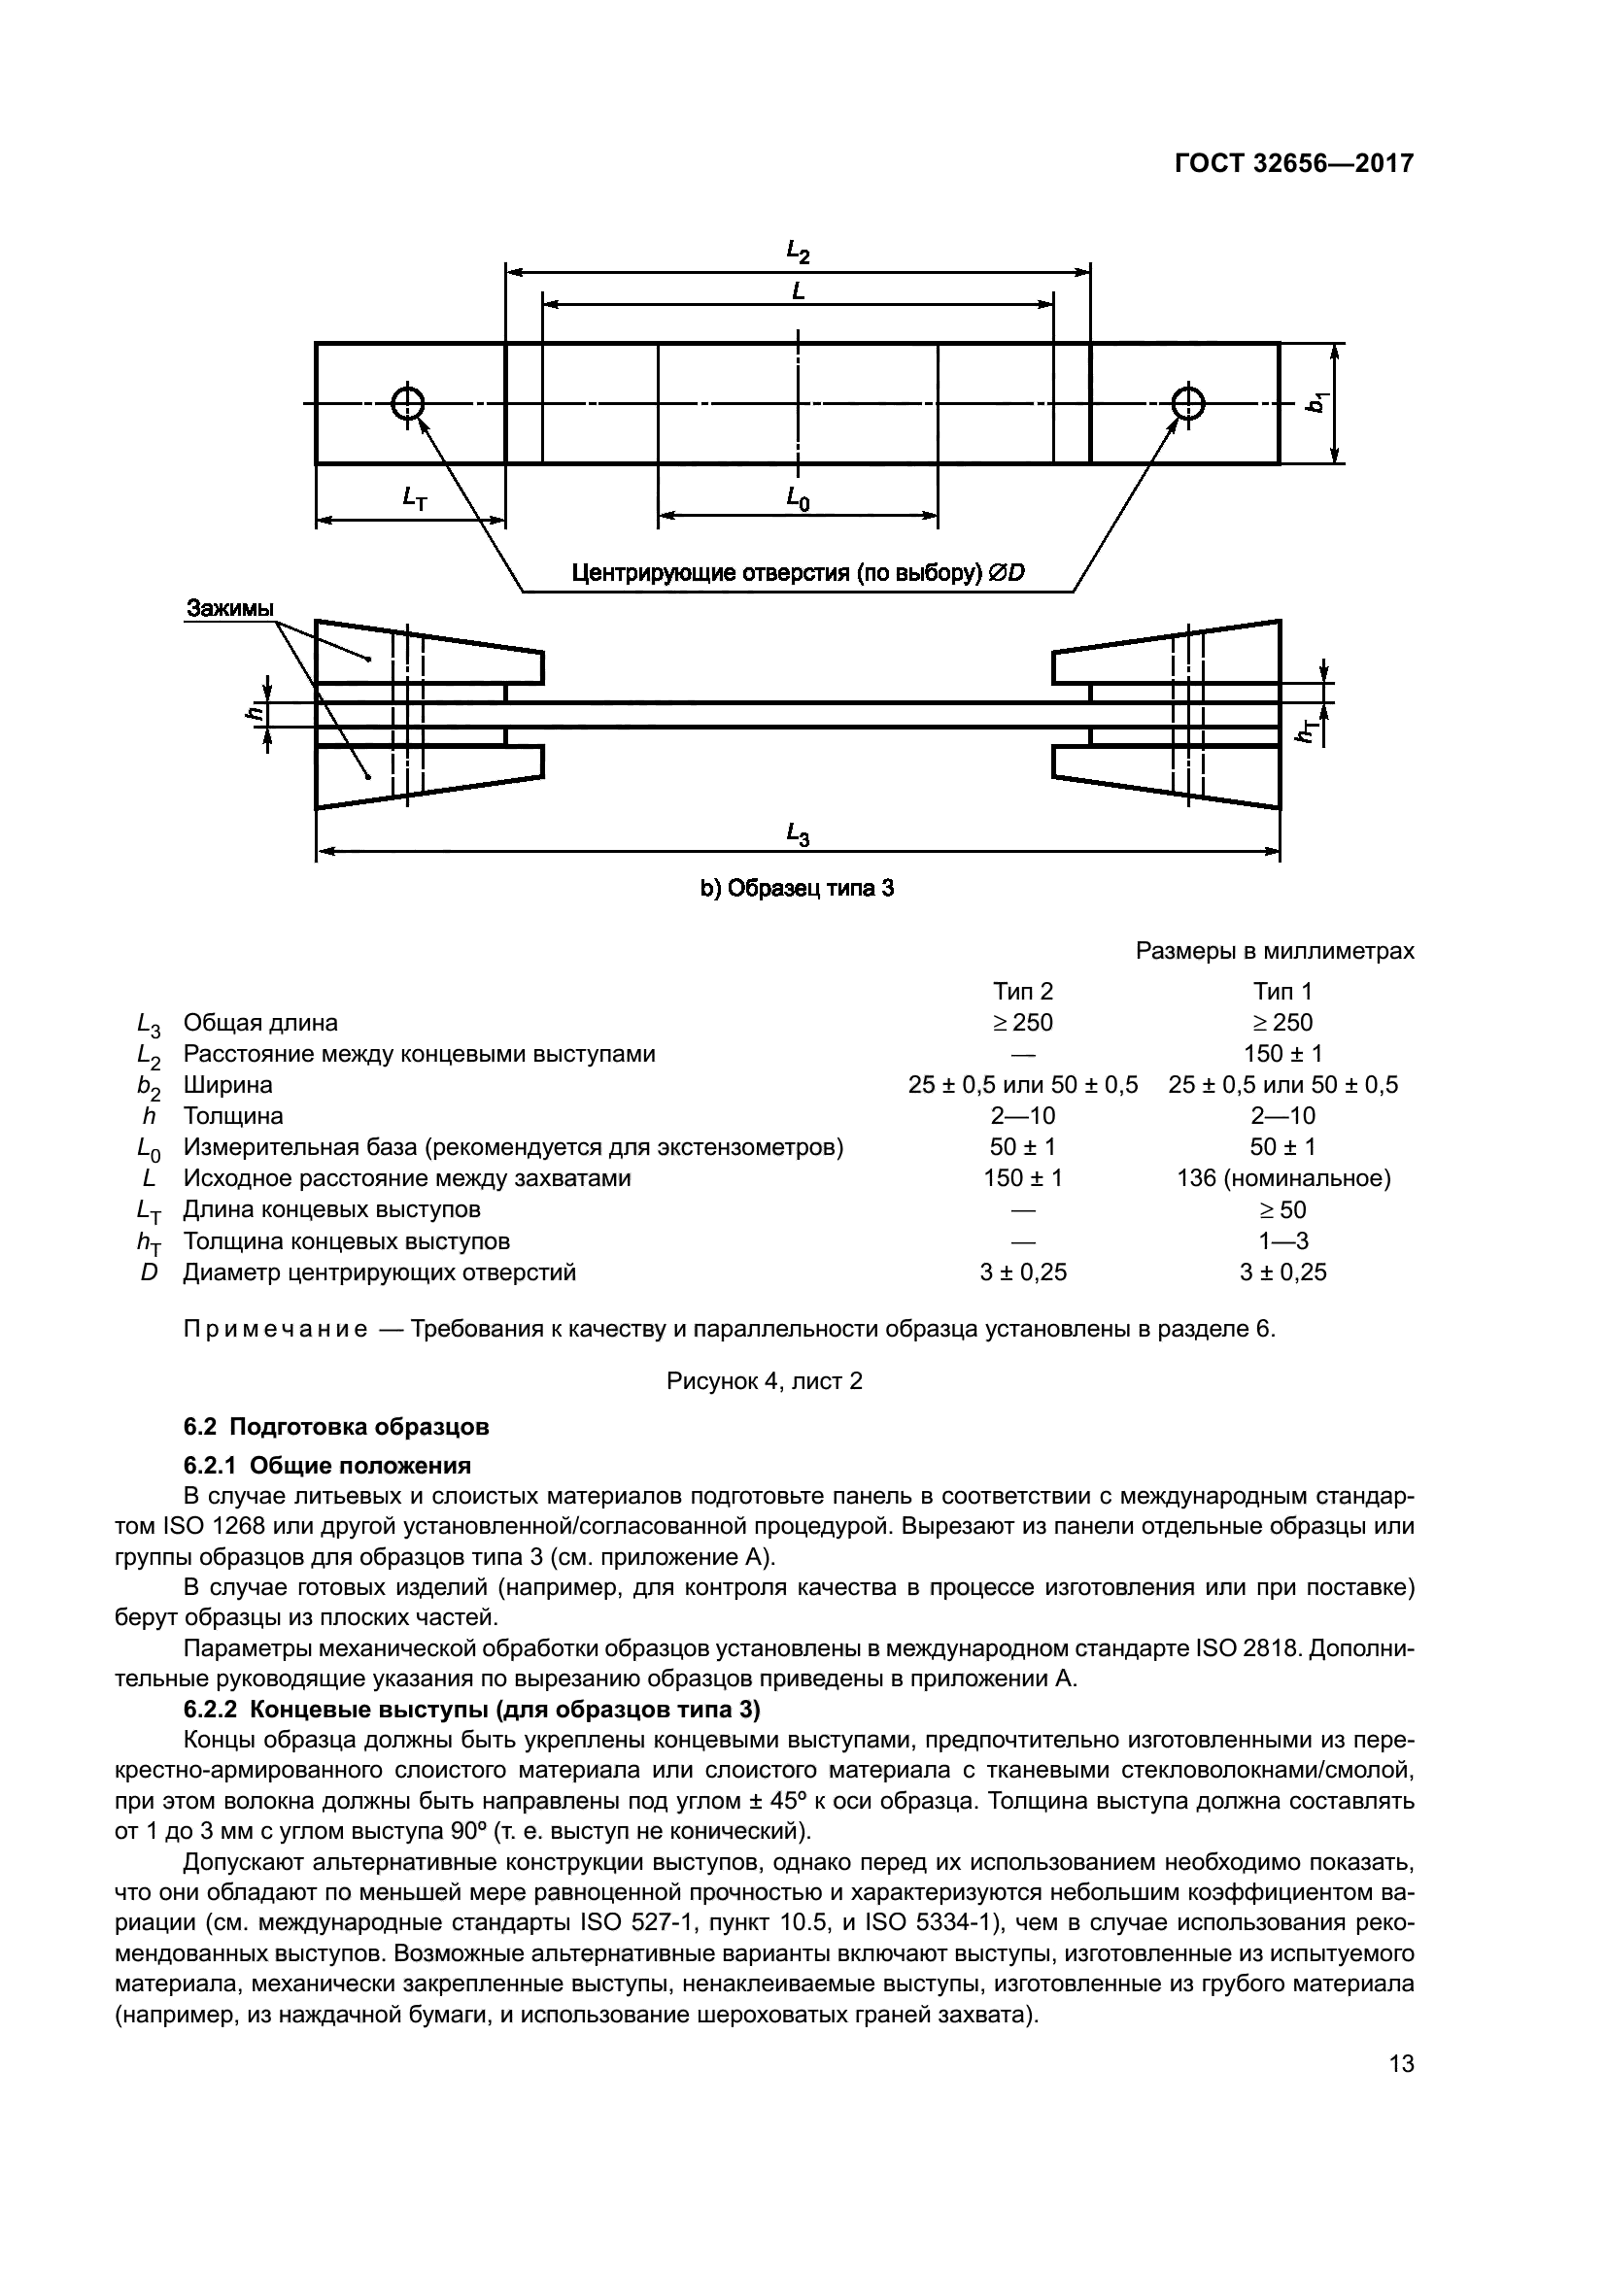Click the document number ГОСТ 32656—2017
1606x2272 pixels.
click(x=1293, y=163)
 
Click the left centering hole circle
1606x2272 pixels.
click(x=407, y=404)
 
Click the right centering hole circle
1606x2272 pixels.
click(x=1187, y=404)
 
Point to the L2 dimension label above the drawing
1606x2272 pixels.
click(x=798, y=253)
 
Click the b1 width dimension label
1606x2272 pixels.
click(x=1317, y=404)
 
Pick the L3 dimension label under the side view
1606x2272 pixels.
click(x=798, y=836)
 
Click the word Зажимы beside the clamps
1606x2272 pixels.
click(x=229, y=609)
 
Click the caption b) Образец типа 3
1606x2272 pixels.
click(x=798, y=889)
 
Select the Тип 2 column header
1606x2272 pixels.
click(x=1023, y=992)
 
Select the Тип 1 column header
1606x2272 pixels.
click(x=1282, y=992)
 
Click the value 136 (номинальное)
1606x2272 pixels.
click(x=1282, y=1178)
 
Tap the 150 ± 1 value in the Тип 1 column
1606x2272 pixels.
click(x=1282, y=1054)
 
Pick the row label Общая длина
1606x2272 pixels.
click(x=260, y=1022)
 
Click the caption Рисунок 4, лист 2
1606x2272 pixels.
click(x=764, y=1380)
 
